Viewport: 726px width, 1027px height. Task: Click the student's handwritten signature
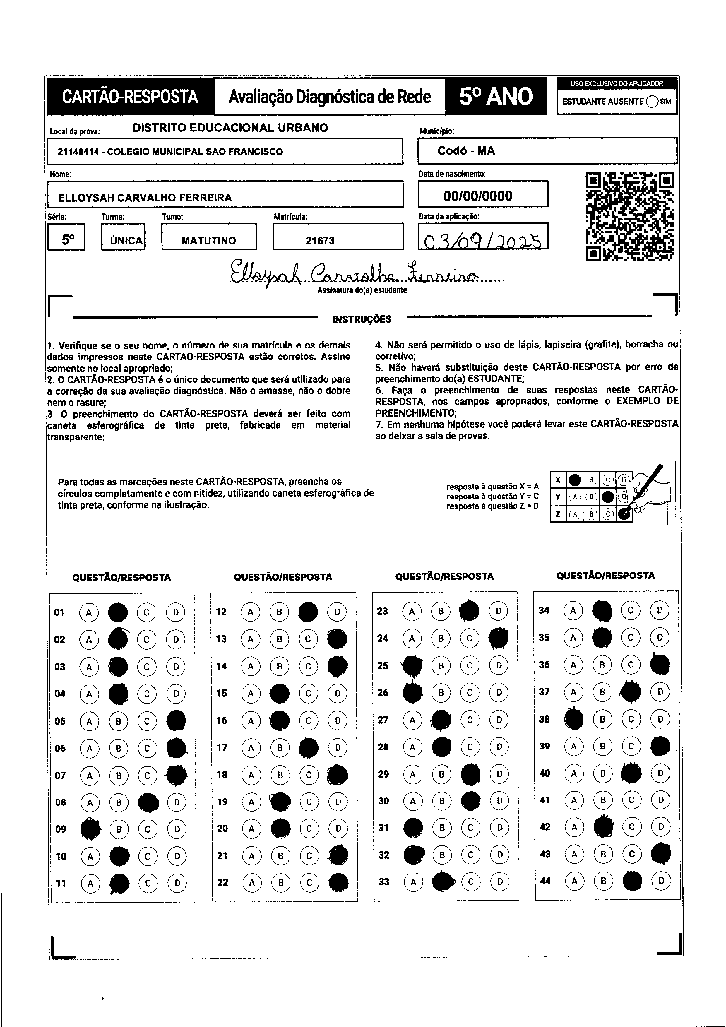353,271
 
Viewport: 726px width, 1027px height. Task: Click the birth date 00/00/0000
478,196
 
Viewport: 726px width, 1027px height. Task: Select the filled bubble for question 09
90,829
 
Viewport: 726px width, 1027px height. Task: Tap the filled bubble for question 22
338,882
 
